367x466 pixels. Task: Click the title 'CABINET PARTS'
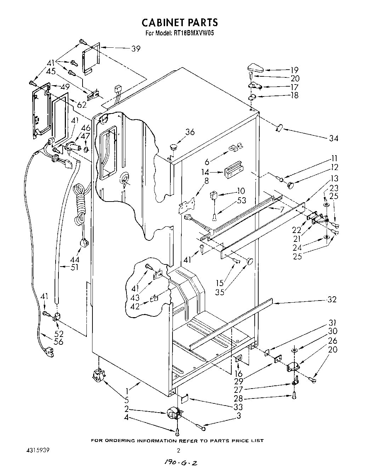coord(180,22)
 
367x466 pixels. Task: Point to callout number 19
coord(294,70)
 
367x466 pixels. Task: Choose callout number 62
coord(82,104)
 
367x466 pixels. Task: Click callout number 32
coord(332,300)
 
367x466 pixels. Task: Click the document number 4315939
coord(38,450)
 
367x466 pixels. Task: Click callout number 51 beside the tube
coord(74,268)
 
